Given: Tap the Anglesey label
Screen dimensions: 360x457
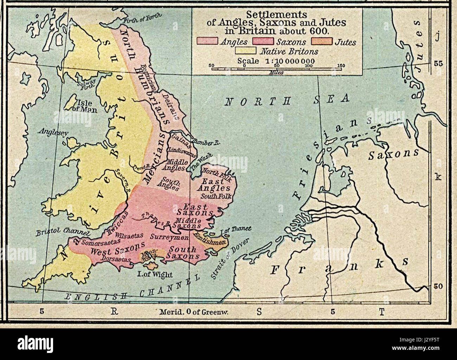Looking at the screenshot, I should coord(53,132).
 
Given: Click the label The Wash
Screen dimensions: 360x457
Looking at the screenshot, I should coord(199,163).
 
